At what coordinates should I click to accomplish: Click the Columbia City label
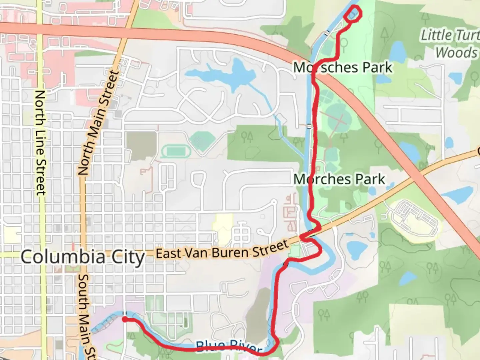point(83,257)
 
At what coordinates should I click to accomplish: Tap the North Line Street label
point(40,143)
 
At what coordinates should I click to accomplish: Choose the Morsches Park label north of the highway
point(343,67)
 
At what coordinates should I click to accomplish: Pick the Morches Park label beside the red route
point(339,179)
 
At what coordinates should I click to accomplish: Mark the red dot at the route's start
point(124,319)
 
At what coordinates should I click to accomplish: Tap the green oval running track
point(175,152)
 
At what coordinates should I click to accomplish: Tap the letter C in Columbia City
point(27,257)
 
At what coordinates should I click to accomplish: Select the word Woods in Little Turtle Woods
point(457,53)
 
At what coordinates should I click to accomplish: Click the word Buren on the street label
point(235,251)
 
